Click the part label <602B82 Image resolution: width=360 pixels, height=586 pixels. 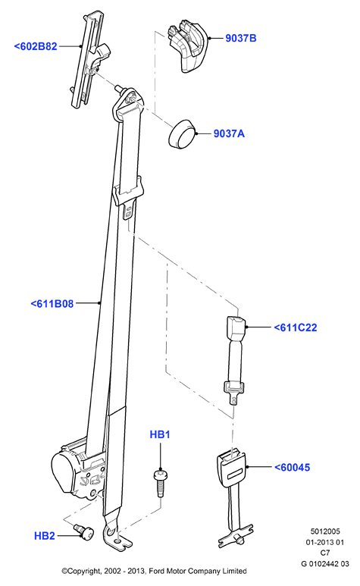coord(36,46)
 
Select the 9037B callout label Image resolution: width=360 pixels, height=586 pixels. coord(241,38)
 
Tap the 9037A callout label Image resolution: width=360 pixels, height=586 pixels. coord(229,133)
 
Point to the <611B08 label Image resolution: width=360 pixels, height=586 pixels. coord(52,303)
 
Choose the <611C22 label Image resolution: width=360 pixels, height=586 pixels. coord(296,327)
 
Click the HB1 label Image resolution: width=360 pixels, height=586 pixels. coord(160,434)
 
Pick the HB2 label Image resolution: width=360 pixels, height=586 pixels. coord(45,535)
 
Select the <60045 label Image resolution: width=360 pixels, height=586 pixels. coord(292,467)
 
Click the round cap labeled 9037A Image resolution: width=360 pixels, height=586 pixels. coord(182,134)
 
